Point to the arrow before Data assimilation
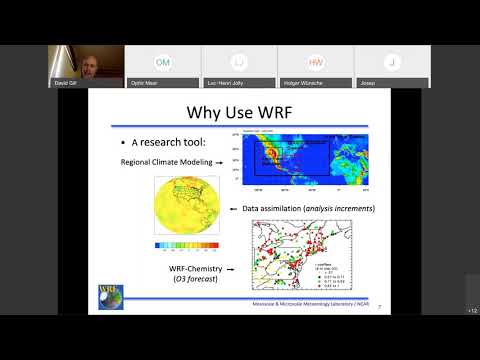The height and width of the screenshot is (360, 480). tap(233, 208)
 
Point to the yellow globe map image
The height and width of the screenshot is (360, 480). tap(190, 208)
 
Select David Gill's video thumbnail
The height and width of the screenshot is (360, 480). tap(86, 66)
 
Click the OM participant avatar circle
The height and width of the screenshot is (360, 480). tap(162, 61)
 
